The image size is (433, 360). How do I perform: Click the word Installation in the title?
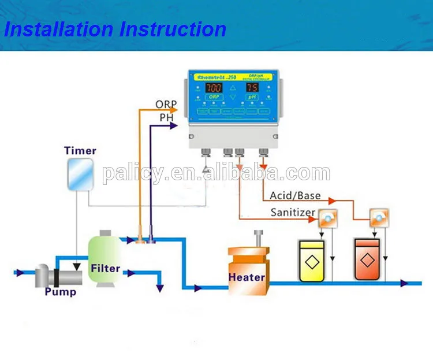[57, 29]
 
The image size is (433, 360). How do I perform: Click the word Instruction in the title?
[171, 29]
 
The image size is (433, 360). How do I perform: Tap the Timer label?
[80, 151]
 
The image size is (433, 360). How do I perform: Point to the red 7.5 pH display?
[252, 88]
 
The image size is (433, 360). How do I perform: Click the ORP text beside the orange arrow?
[166, 105]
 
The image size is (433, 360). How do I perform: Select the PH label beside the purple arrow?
[167, 117]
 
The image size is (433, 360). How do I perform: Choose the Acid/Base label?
[295, 196]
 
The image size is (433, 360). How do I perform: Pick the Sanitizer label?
[293, 213]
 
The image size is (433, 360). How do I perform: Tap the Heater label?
[247, 277]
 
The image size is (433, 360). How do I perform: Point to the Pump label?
[60, 291]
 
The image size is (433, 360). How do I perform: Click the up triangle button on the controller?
[232, 88]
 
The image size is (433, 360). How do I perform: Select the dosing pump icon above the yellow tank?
[327, 218]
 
